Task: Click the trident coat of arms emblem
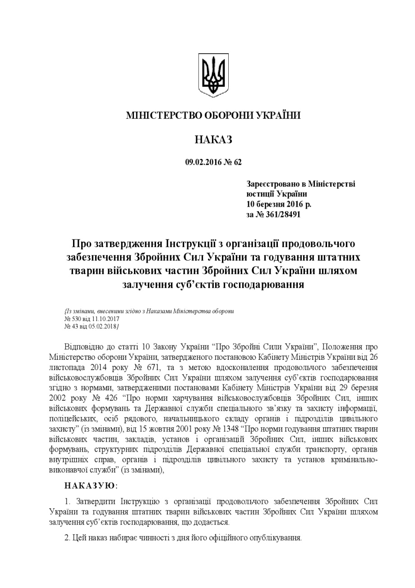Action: click(213, 75)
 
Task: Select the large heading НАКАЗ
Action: click(213, 140)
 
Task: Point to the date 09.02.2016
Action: click(203, 163)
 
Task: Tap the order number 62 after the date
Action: click(237, 163)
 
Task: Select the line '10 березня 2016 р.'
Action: click(279, 204)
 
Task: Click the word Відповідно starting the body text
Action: click(85, 347)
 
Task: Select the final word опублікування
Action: click(276, 538)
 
